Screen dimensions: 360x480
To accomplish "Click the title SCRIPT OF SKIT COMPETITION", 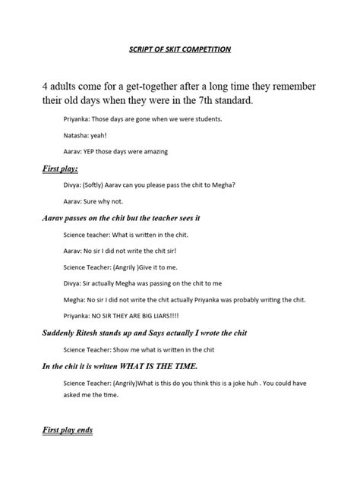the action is point(179,49).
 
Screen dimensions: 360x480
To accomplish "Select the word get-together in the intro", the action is point(160,85).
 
